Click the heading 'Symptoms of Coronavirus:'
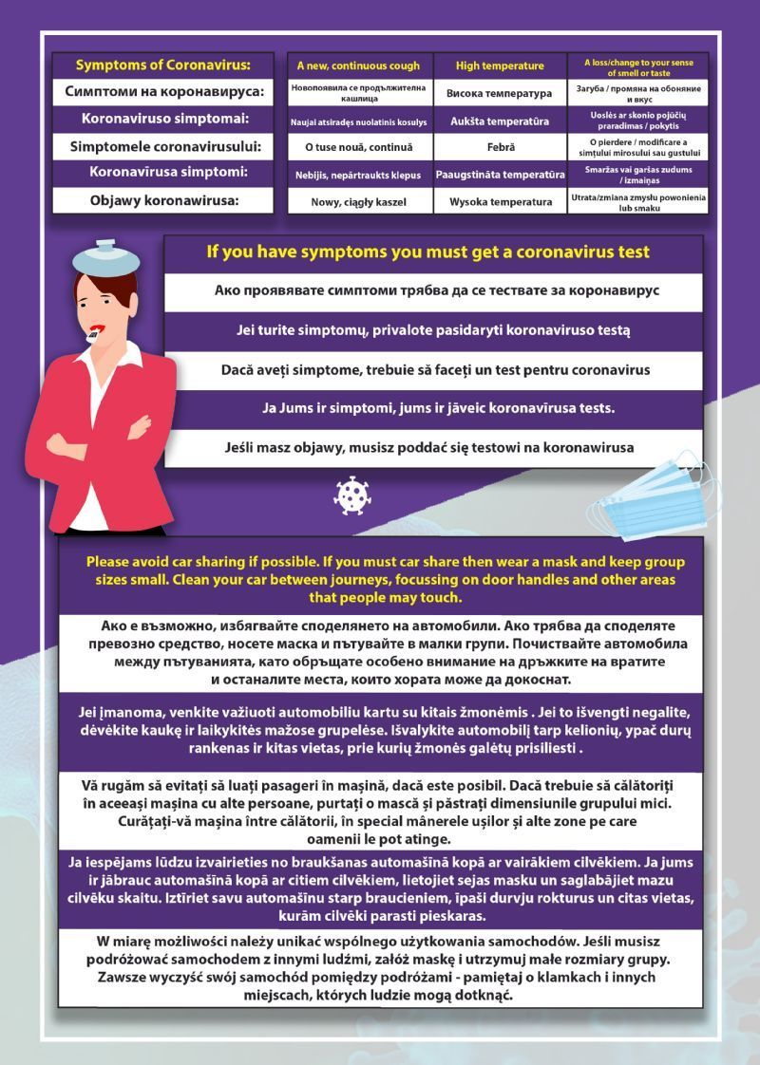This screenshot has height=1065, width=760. point(163,65)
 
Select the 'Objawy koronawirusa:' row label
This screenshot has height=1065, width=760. point(162,200)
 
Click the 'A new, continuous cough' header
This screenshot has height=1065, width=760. point(358,66)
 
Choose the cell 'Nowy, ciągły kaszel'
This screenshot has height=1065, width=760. point(358,202)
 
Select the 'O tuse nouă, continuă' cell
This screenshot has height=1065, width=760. point(358,147)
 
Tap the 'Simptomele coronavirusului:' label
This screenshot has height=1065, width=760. point(163,147)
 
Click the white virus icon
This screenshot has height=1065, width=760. point(351,495)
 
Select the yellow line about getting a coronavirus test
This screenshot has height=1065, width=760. point(428,252)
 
